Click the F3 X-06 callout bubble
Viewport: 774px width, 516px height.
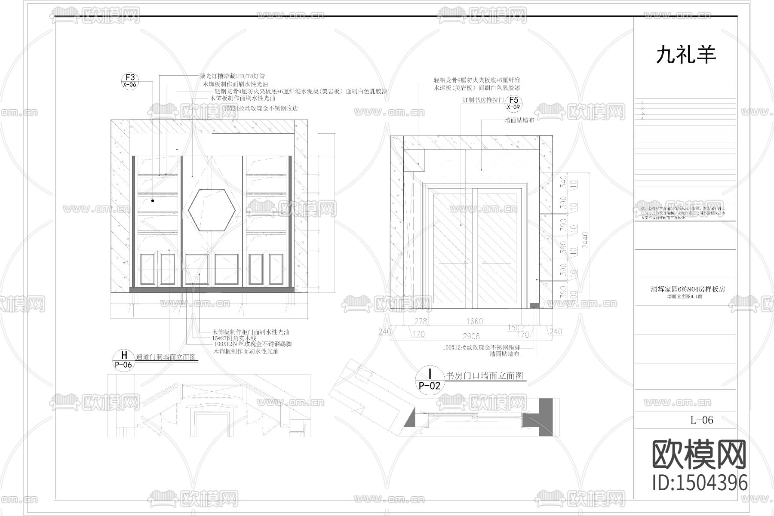[x=130, y=81]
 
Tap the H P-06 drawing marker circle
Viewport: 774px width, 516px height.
[x=124, y=360]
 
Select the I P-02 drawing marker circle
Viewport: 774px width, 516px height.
[x=430, y=379]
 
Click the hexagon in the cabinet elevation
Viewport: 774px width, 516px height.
[x=212, y=209]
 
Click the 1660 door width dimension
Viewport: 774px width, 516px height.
[x=474, y=321]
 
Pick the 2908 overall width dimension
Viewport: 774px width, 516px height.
[x=471, y=336]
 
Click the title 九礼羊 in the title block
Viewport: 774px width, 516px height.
[x=686, y=55]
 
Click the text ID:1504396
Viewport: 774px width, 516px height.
[x=700, y=482]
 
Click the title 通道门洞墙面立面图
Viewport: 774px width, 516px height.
[x=166, y=357]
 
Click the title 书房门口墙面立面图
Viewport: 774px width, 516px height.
[x=485, y=376]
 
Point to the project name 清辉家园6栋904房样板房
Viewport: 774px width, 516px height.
[x=688, y=289]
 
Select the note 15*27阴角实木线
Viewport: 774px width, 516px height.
[x=234, y=338]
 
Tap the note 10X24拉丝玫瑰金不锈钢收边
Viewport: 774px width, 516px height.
[x=261, y=109]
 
